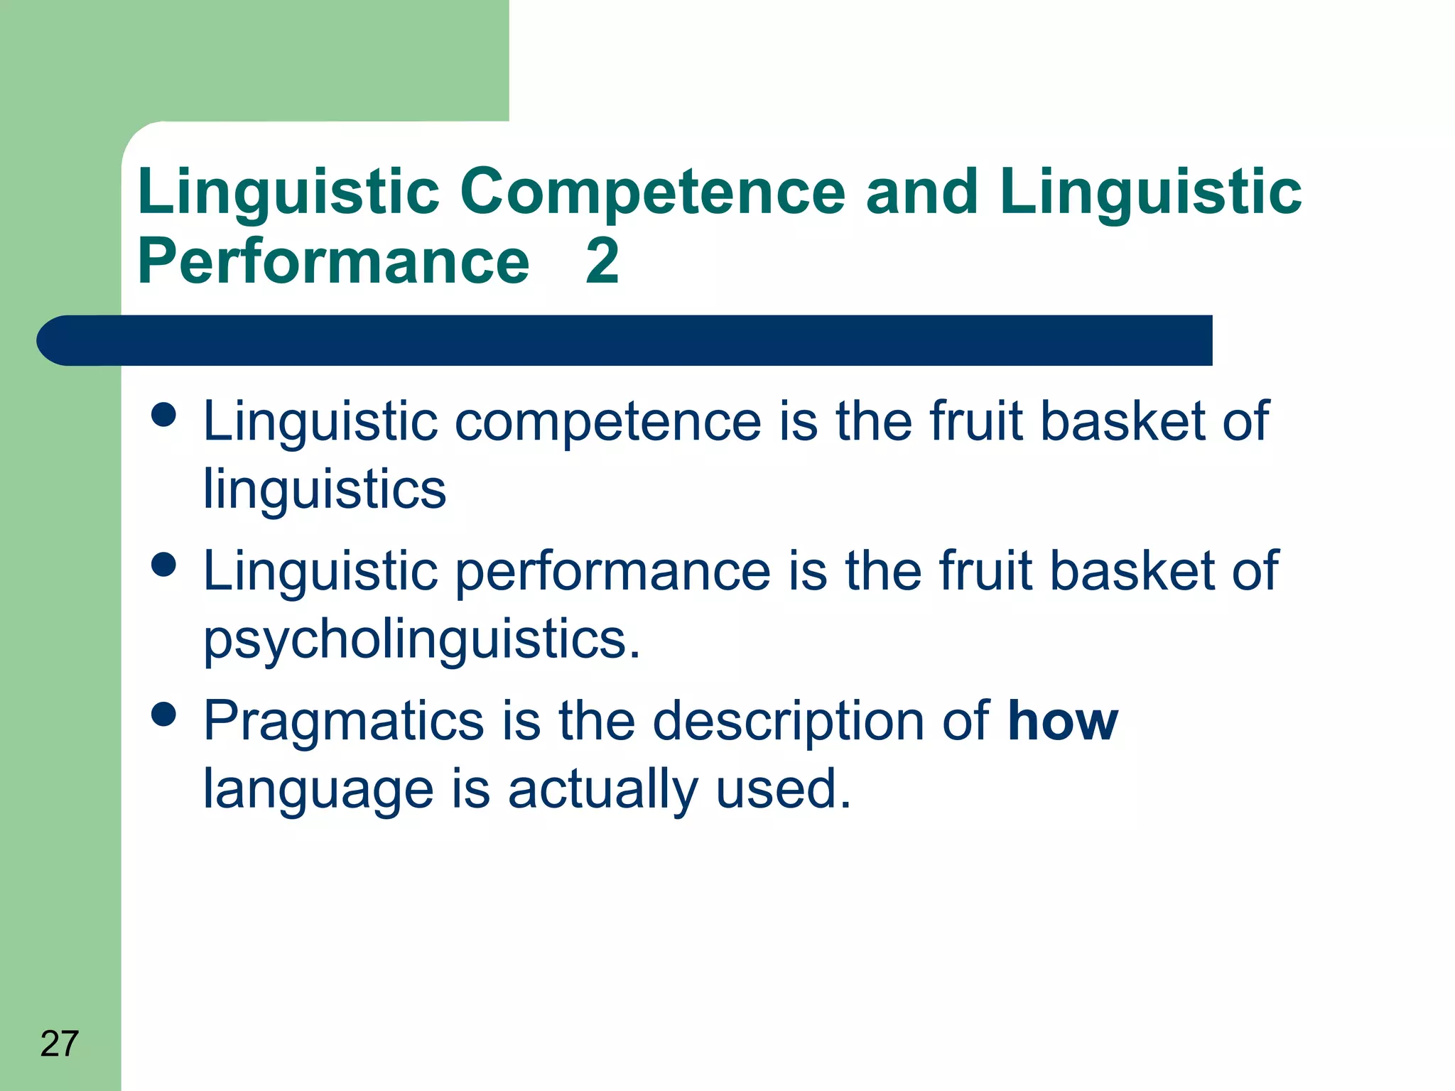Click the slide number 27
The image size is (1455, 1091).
59,1043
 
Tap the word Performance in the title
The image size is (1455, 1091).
333,261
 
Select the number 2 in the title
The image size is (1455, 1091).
602,261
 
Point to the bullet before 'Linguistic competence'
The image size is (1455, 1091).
164,415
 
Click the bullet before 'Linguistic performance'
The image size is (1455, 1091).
164,565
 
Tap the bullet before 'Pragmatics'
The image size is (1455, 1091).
164,715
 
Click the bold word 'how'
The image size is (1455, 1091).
1063,721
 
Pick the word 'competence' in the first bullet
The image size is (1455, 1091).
607,422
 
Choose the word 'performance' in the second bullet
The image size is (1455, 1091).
612,572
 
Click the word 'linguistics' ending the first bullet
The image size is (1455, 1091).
325,489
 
